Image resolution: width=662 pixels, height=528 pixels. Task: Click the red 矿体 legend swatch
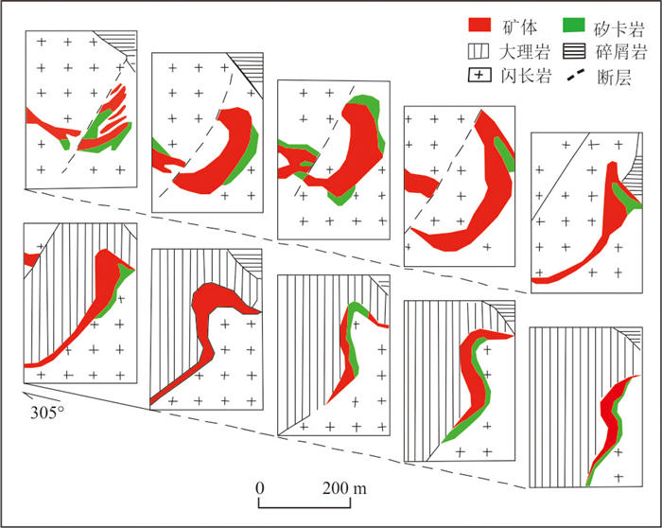click(x=482, y=24)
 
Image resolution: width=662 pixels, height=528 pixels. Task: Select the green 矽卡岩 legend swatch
click(x=573, y=24)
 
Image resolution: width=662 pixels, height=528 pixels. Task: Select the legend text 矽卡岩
click(x=618, y=24)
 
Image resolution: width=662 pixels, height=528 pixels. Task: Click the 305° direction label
click(x=46, y=413)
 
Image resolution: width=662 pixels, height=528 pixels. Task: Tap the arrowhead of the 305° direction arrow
click(x=26, y=393)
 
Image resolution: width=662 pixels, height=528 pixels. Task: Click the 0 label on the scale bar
click(x=259, y=487)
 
